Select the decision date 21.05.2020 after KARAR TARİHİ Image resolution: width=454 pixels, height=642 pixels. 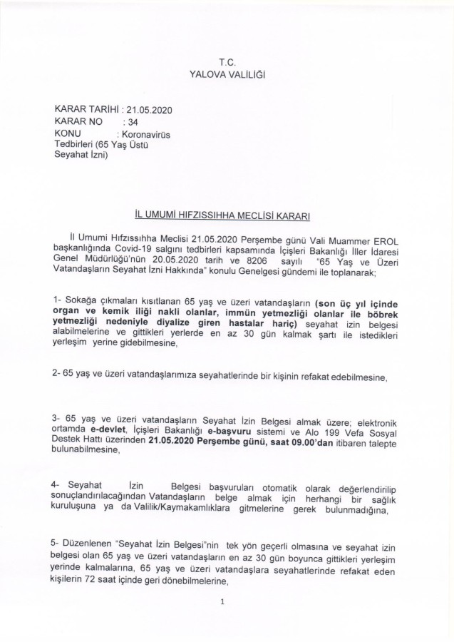[149, 110]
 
